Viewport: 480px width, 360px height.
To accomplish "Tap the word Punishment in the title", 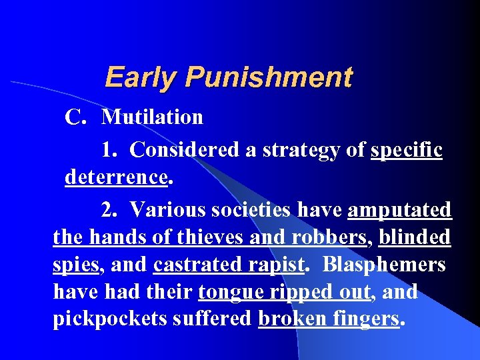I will point(268,77).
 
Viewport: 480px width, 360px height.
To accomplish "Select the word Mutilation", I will point(153,117).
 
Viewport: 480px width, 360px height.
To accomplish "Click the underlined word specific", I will point(406,151).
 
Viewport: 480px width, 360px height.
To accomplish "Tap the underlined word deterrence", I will point(115,177).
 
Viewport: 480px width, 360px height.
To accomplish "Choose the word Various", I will point(167,210).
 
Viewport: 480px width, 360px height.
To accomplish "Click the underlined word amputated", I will point(399,211).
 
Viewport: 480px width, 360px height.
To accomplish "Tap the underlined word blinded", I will point(414,237).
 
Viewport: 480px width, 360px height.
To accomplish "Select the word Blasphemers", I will point(384,265).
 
